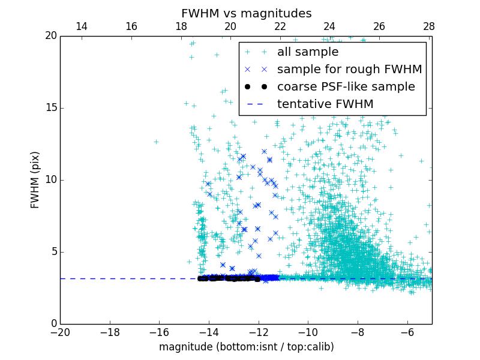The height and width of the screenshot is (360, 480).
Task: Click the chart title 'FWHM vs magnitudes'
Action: coord(246,13)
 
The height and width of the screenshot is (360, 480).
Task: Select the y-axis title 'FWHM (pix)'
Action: coord(35,179)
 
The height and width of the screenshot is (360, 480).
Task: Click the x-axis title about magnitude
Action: coord(246,347)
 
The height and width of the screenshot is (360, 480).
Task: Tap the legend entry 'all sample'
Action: coord(308,52)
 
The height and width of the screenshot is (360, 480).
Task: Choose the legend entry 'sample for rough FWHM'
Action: coord(349,70)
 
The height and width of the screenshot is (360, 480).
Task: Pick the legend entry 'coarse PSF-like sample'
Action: coord(346,87)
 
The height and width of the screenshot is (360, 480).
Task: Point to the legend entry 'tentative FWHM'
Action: coord(325,104)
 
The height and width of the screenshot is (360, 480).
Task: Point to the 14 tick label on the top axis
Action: coord(82,26)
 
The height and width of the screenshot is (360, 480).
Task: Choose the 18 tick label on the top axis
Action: coord(181,26)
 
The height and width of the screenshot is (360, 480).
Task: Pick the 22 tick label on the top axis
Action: coord(280,26)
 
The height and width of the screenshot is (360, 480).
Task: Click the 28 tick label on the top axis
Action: coord(428,26)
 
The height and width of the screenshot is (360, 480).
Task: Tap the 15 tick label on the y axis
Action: coord(50,108)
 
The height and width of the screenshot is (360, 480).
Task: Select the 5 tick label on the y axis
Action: coord(53,252)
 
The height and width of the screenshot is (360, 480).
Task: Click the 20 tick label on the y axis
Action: coord(50,36)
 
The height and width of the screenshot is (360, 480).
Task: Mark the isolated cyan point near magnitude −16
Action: coord(156,142)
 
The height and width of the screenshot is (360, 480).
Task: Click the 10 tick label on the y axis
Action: coord(50,180)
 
